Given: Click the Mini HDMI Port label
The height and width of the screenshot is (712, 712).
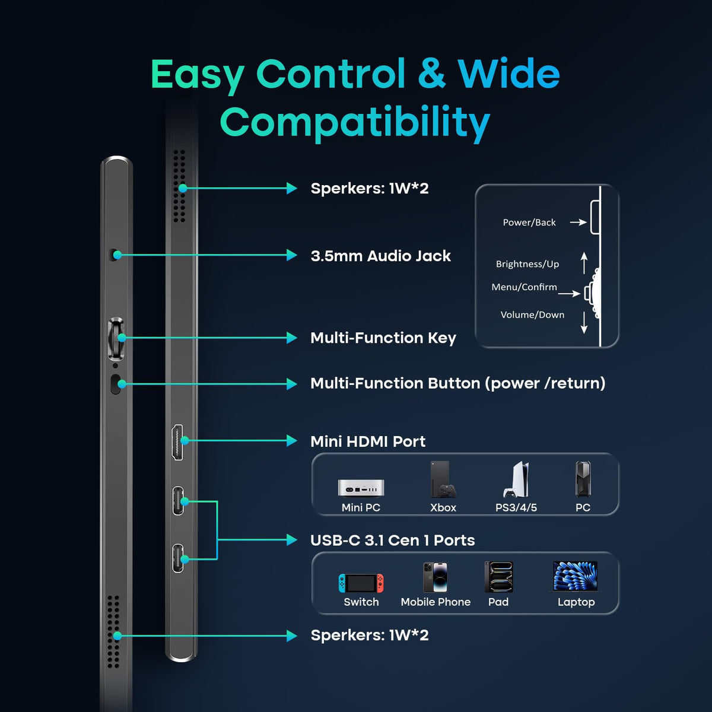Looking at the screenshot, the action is coord(368,441).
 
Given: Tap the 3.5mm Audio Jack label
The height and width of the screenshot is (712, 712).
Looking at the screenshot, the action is coord(380,256).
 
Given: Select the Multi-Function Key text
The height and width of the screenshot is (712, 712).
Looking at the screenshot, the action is coord(383,338).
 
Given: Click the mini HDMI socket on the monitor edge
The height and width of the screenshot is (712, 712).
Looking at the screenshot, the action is coord(177,442).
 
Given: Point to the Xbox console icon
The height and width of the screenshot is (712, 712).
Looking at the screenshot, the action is coord(443,479).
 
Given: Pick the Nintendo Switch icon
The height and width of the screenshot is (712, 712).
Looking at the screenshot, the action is coord(361,583).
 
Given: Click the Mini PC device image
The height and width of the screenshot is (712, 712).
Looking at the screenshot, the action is coord(361,488).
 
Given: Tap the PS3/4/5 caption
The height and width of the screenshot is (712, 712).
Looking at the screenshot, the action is coord(516,508).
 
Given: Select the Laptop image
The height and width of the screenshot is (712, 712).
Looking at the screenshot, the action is coord(576,576).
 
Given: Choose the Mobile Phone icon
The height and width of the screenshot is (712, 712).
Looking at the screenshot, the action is coord(436,577).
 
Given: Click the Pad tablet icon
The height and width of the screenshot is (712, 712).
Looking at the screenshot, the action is coord(499,577).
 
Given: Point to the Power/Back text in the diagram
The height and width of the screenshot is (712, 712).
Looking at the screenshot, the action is coord(529,223).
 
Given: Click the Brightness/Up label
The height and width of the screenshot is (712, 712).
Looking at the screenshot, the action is coord(527,264).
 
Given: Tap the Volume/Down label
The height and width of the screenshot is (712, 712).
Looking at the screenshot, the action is coord(532,315).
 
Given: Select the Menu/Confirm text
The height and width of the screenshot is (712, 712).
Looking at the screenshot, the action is coord(524,287).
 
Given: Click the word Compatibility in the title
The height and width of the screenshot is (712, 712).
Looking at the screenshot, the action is coord(355,122).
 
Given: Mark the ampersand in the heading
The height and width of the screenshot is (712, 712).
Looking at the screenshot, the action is coord(431,74).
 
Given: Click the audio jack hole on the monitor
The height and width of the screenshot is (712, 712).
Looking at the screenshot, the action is coord(114,255).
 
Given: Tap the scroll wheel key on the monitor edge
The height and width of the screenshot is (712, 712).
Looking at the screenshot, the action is coord(116,338).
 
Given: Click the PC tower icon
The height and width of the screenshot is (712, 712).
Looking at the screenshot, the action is coord(583,479).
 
